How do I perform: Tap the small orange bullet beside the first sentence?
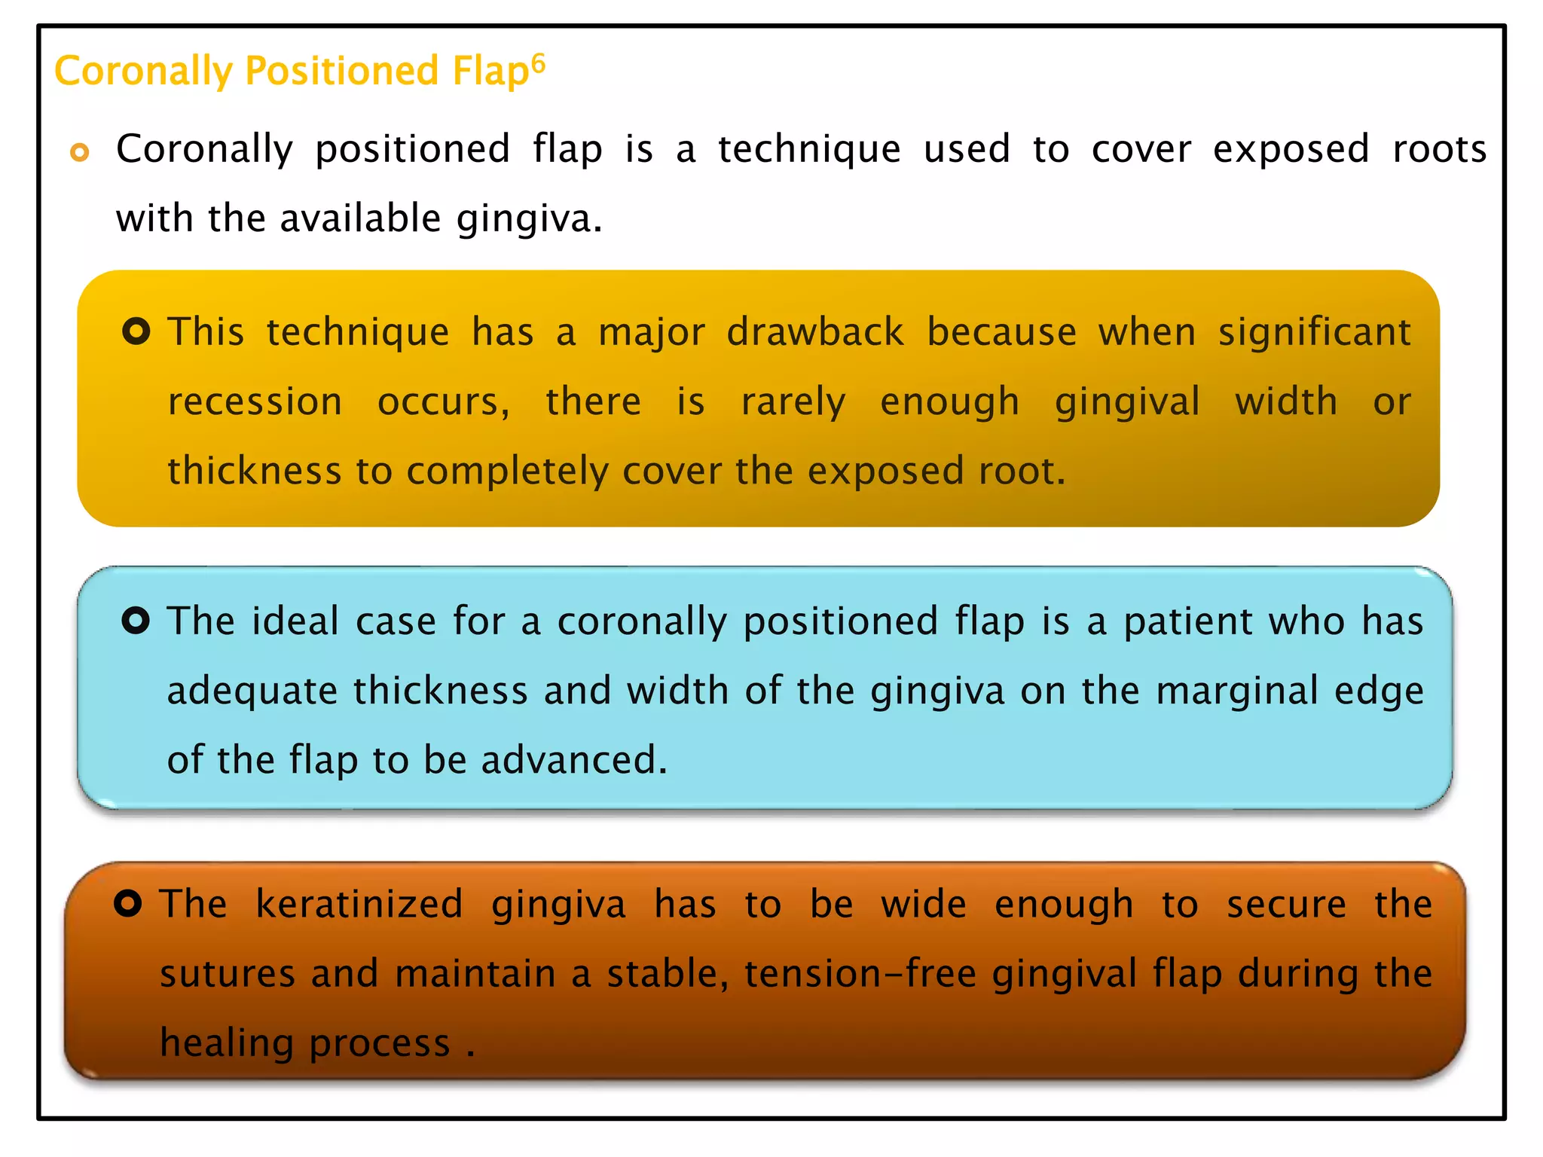point(79,152)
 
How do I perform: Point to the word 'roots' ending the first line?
point(1439,149)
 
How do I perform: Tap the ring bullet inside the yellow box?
point(136,331)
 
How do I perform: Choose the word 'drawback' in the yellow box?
point(815,332)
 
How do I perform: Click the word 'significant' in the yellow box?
point(1314,332)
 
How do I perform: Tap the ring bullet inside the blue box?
point(136,621)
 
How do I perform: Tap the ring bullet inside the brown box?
point(128,902)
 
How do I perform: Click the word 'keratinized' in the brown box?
point(359,904)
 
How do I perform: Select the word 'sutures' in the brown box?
point(228,973)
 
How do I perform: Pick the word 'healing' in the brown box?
point(226,1044)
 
